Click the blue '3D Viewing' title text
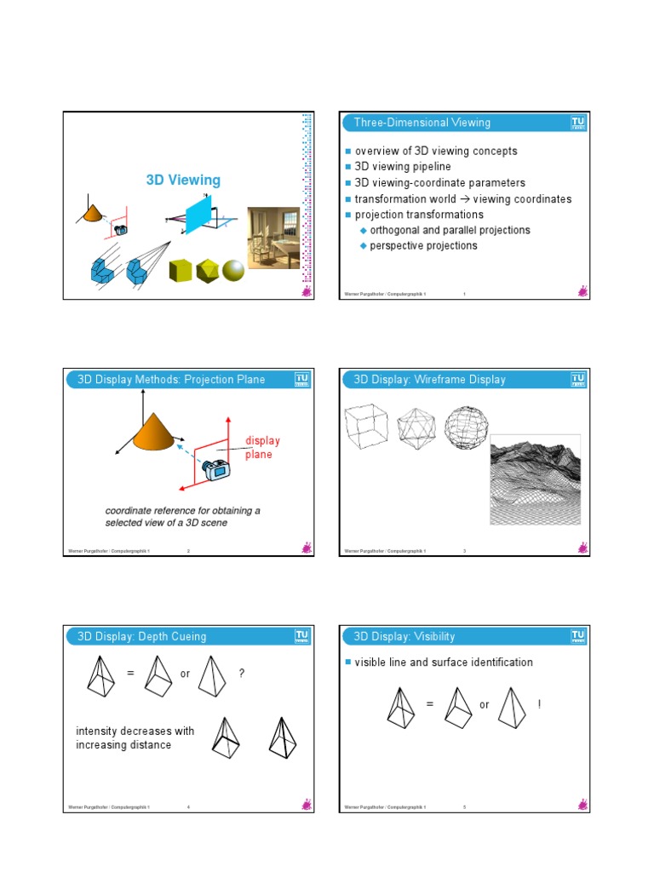[x=183, y=180]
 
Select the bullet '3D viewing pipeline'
[x=403, y=167]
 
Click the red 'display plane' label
[x=261, y=448]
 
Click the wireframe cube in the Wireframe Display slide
[x=367, y=425]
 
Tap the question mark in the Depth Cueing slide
[x=242, y=674]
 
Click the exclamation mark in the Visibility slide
[x=540, y=704]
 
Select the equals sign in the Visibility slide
[x=429, y=704]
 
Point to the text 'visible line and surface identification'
[x=444, y=663]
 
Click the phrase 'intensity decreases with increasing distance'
[x=135, y=738]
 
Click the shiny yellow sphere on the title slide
[x=232, y=271]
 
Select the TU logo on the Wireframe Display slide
[x=578, y=380]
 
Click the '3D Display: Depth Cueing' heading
[x=141, y=636]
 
